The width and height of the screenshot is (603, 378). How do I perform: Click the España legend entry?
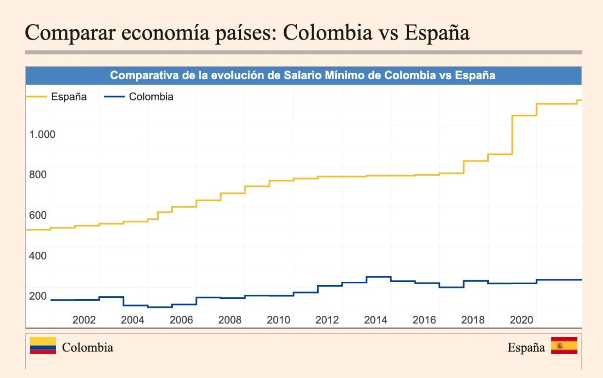pyautogui.click(x=68, y=97)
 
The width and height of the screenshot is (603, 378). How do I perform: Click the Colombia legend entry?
pyautogui.click(x=151, y=97)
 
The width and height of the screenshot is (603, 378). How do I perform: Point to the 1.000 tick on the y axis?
pyautogui.click(x=42, y=134)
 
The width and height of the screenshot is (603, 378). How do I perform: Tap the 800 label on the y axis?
pyautogui.click(x=38, y=175)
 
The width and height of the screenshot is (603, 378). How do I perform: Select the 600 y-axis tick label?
pyautogui.click(x=38, y=215)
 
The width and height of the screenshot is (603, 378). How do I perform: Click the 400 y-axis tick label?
pyautogui.click(x=38, y=255)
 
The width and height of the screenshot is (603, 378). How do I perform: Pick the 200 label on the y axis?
pyautogui.click(x=38, y=296)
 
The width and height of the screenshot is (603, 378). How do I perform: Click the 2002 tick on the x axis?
pyautogui.click(x=84, y=320)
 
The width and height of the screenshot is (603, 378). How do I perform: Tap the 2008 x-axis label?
pyautogui.click(x=230, y=320)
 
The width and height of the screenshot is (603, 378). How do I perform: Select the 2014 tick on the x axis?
pyautogui.click(x=375, y=320)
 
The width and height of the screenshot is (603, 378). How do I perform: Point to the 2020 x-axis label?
pyautogui.click(x=521, y=320)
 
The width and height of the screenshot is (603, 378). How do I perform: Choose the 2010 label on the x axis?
pyautogui.click(x=278, y=320)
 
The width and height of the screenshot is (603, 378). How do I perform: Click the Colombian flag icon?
pyautogui.click(x=43, y=345)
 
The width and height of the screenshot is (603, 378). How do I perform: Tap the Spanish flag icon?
pyautogui.click(x=564, y=345)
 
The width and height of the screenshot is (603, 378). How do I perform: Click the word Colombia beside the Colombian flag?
pyautogui.click(x=88, y=347)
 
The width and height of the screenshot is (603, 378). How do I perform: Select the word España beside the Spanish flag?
pyautogui.click(x=526, y=347)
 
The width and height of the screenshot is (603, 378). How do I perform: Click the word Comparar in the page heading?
pyautogui.click(x=70, y=33)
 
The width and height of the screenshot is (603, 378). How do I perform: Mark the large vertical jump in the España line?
pyautogui.click(x=512, y=135)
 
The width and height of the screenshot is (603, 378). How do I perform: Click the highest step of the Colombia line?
pyautogui.click(x=378, y=277)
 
